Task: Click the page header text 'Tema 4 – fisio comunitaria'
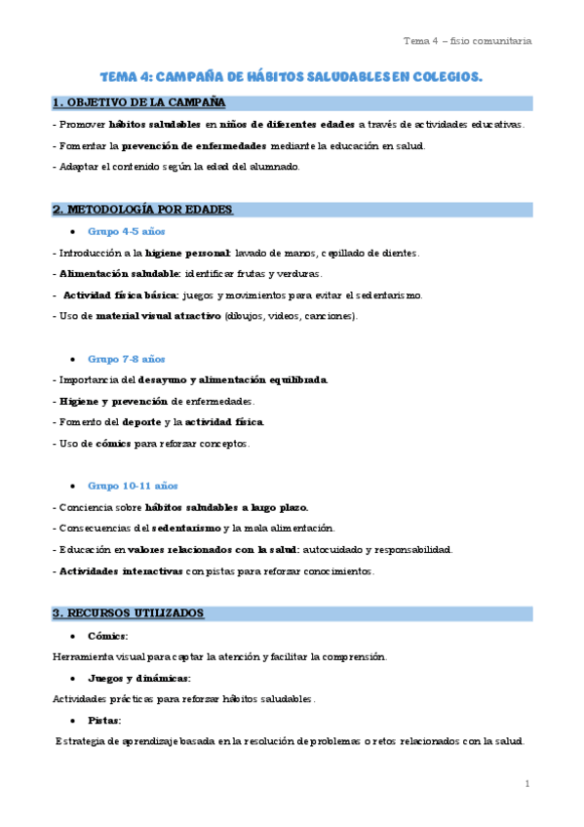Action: tap(467, 41)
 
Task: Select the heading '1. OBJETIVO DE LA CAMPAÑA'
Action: tap(138, 102)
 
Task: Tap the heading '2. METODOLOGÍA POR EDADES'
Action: tap(142, 210)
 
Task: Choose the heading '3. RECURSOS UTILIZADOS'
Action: tap(128, 612)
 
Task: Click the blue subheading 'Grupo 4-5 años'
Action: tap(126, 232)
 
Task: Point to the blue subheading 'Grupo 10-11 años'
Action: tap(133, 486)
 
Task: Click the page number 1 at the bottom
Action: tap(526, 783)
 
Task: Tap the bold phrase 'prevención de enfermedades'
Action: tap(193, 146)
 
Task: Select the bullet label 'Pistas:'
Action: tap(104, 720)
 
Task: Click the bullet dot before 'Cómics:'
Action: tap(75, 636)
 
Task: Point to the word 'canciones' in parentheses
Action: tap(331, 316)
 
